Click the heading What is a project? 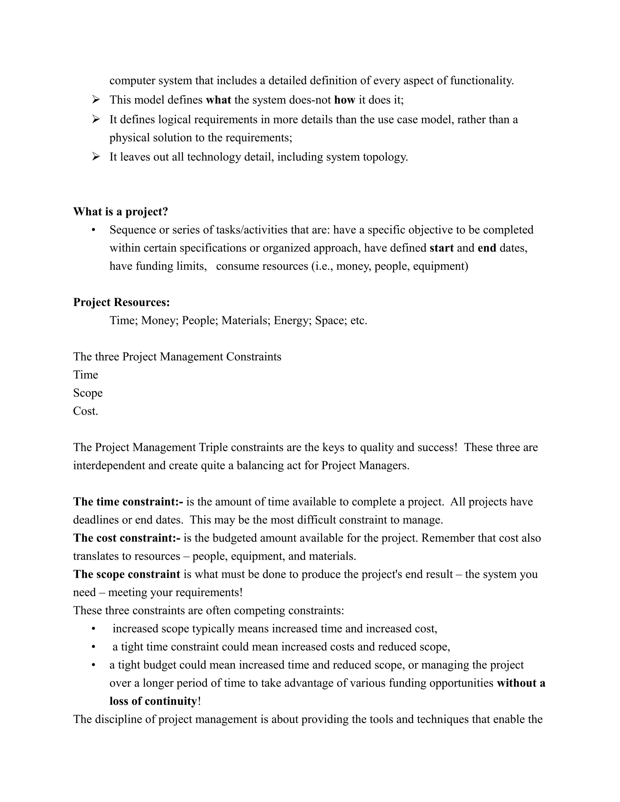click(120, 212)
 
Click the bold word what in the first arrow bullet click(219, 100)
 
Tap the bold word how click(345, 100)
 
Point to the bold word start click(441, 248)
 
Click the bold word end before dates click(487, 248)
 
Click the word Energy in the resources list click(292, 320)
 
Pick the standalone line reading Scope click(88, 393)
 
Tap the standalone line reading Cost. click(86, 411)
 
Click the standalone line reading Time click(86, 375)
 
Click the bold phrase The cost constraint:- click(127, 538)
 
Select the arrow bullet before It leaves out click(96, 157)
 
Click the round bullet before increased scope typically click(93, 629)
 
